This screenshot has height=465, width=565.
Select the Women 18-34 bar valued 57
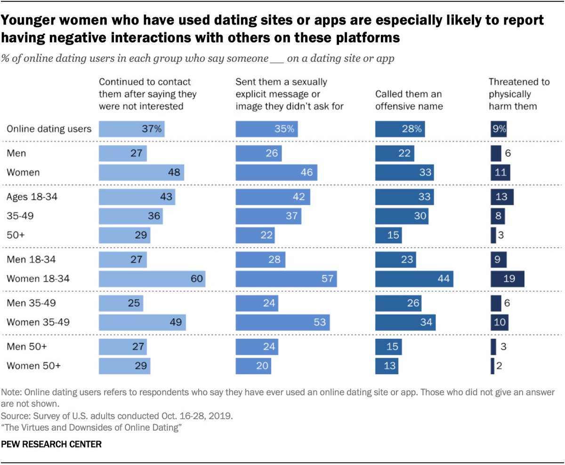coord(286,279)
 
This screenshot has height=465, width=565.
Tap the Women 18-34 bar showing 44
coord(414,279)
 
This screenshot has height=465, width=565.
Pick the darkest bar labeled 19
coord(507,279)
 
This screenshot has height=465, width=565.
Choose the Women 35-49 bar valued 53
coord(282,323)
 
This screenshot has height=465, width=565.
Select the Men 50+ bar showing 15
coord(388,347)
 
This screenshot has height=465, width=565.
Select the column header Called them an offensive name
coord(409,100)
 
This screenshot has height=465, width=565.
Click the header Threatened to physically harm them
coord(519,94)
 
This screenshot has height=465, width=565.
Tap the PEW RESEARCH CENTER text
coord(52,444)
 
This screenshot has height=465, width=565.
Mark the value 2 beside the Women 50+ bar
coord(499,366)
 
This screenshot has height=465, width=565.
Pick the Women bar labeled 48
coord(141,172)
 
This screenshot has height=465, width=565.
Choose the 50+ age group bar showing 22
coord(255,235)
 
